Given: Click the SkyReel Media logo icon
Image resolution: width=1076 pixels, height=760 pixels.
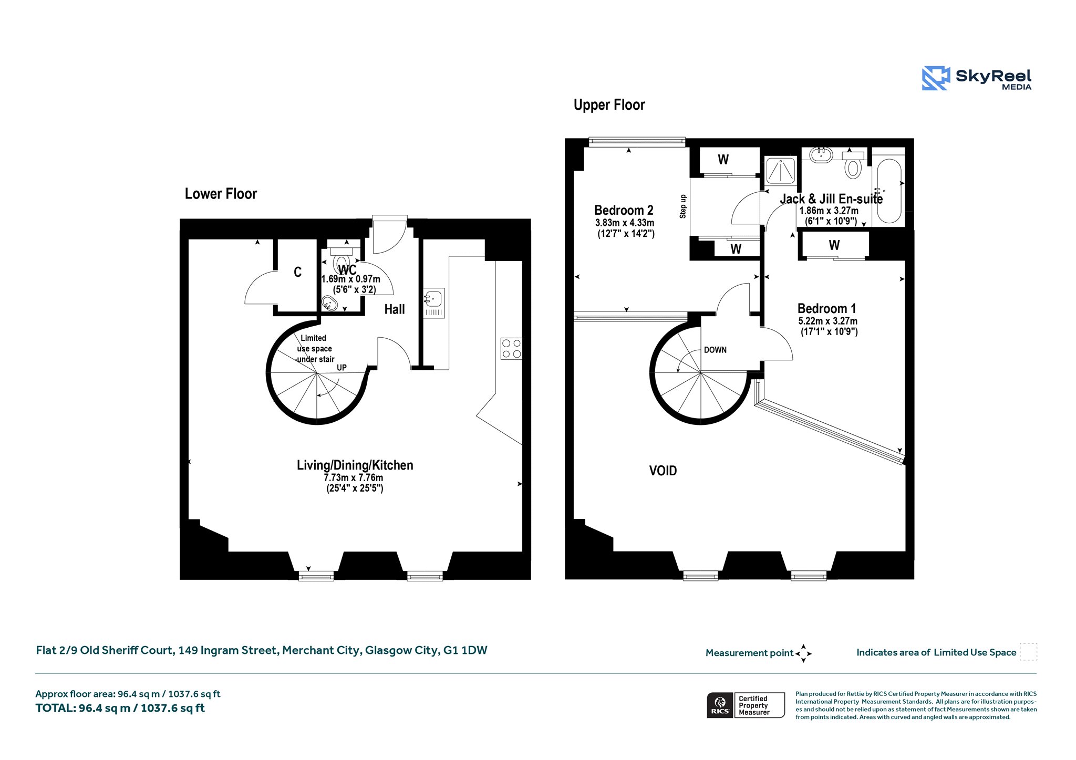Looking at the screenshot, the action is coord(936,78).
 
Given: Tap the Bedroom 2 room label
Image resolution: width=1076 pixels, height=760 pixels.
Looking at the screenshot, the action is coord(624,211).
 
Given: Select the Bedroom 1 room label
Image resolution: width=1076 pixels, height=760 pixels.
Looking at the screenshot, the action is coord(826,309).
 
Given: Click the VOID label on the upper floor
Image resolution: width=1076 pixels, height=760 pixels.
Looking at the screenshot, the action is coord(663,471).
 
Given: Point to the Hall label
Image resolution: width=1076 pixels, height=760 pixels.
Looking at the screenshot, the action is coord(395,309).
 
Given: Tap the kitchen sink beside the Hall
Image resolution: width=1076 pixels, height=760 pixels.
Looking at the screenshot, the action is coord(434,303).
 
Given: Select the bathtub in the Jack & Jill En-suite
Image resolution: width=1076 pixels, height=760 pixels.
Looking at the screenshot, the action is coord(889,191).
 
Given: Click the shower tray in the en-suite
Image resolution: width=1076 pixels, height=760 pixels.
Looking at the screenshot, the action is coord(781,170).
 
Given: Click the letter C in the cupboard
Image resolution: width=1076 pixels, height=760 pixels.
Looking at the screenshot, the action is coord(297,272).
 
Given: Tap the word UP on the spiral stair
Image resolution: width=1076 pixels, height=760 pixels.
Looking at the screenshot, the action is coord(342,368).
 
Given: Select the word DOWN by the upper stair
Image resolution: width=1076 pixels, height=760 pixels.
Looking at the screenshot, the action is coord(715,350).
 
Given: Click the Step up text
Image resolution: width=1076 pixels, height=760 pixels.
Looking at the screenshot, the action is coord(683,206).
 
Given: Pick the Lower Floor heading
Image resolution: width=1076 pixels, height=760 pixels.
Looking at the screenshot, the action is coord(221,194).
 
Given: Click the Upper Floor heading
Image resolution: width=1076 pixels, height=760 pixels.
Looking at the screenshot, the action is coord(609,105).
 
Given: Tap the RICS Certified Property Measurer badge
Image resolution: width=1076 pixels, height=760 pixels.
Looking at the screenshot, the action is coord(746,705).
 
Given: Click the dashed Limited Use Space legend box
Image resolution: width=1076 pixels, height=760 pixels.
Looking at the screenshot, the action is coord(1029,652).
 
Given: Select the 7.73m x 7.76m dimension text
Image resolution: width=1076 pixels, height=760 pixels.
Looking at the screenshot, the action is coord(354,478).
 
